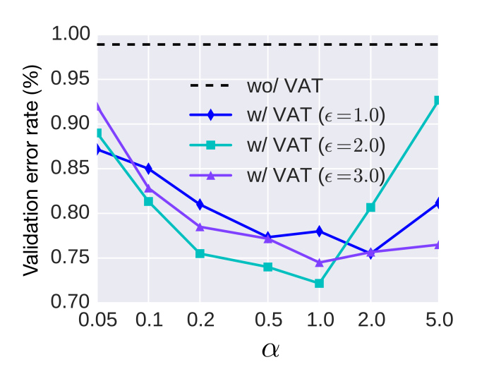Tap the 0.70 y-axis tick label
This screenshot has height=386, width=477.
(x=71, y=303)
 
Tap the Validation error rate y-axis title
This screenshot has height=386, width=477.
(x=31, y=169)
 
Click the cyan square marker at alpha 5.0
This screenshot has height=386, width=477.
(x=437, y=101)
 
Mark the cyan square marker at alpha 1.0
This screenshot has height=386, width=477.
(x=319, y=284)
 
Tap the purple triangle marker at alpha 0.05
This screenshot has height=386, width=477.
(x=98, y=106)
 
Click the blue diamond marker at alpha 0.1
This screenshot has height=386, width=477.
(x=148, y=169)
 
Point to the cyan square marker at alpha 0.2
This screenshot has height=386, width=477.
(x=200, y=253)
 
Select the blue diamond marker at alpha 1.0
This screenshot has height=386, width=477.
(x=319, y=231)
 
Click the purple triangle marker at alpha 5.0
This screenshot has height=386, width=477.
(x=437, y=245)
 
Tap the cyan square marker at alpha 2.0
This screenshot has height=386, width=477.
(x=370, y=207)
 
